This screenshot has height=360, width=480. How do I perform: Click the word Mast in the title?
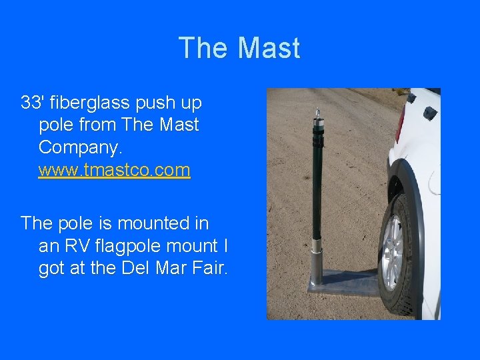269,49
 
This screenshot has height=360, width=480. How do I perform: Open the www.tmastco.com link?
115,170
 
